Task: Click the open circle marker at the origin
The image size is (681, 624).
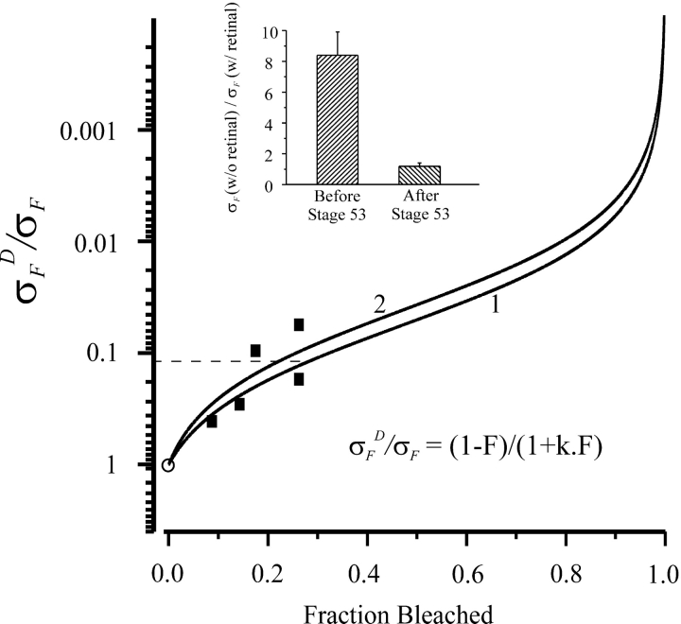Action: pyautogui.click(x=168, y=464)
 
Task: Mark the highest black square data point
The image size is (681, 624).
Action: pyautogui.click(x=299, y=324)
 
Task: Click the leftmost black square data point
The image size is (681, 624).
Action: pyautogui.click(x=212, y=421)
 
